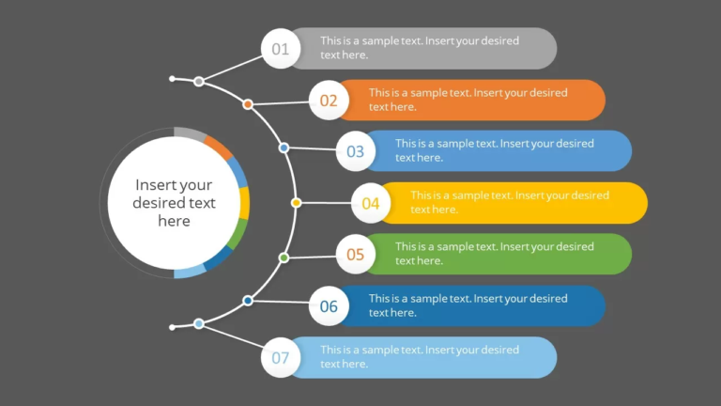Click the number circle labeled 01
(281, 49)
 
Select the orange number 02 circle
(329, 101)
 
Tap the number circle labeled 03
(356, 151)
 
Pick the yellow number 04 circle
(371, 203)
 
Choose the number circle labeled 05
(356, 255)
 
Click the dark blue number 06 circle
(329, 306)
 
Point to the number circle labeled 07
(281, 358)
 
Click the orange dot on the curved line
(248, 104)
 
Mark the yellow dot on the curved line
(297, 202)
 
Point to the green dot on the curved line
(284, 257)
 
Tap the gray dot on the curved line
(199, 82)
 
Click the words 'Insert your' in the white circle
(174, 185)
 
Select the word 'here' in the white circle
(174, 221)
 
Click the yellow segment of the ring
(244, 202)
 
